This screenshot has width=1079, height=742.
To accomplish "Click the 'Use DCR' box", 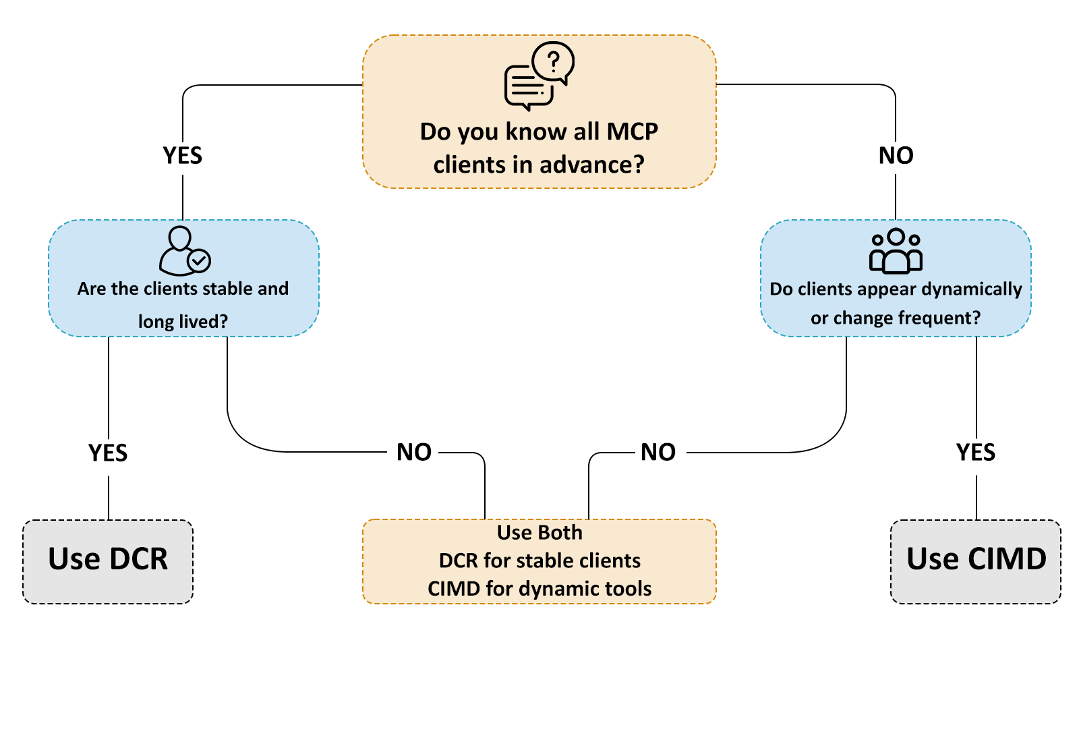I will pyautogui.click(x=108, y=561).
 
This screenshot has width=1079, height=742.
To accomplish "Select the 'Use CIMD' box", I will pyautogui.click(x=976, y=561).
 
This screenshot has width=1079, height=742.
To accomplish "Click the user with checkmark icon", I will pyautogui.click(x=184, y=251).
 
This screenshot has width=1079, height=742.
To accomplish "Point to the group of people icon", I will pyautogui.click(x=896, y=251).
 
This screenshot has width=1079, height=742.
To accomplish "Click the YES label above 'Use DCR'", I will pyautogui.click(x=108, y=453).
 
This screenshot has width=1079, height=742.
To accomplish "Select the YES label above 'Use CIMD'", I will pyautogui.click(x=976, y=452).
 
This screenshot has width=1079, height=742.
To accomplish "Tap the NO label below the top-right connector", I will pyautogui.click(x=896, y=156).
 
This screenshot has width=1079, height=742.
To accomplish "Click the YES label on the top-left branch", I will pyautogui.click(x=183, y=156).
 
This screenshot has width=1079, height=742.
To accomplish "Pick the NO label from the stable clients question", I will pyautogui.click(x=414, y=452).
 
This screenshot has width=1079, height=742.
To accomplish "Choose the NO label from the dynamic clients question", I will pyautogui.click(x=658, y=452).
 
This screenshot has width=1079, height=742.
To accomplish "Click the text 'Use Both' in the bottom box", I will pyautogui.click(x=539, y=532).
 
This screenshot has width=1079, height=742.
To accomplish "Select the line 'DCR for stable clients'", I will pyautogui.click(x=539, y=561).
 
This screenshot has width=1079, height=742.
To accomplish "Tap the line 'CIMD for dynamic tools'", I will pyautogui.click(x=539, y=588).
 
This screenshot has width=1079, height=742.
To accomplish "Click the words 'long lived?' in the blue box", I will pyautogui.click(x=183, y=321).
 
